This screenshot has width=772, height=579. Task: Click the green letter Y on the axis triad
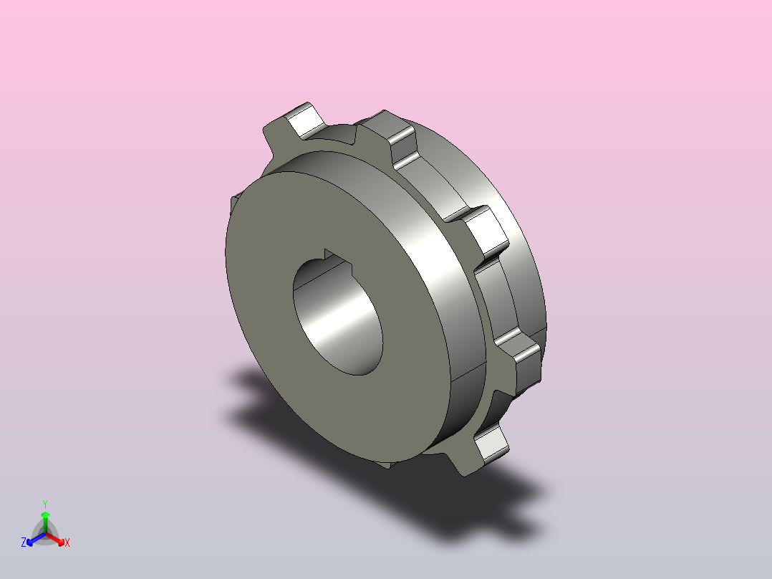pos(45,504)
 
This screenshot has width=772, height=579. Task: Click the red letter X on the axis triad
pos(67,542)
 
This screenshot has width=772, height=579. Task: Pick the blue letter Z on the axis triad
pos(23,542)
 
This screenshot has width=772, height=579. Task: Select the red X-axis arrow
pos(55,539)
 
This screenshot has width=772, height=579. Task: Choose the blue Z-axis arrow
pos(36,539)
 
